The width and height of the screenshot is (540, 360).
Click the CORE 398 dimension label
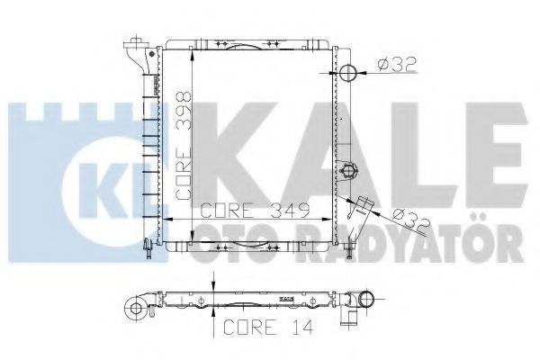click(184, 146)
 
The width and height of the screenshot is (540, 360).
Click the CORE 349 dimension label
click(255, 211)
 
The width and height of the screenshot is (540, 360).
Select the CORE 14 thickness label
click(268, 327)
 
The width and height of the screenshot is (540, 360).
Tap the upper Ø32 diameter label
click(397, 65)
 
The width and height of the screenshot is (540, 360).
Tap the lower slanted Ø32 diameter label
click(411, 221)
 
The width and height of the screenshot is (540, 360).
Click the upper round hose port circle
click(347, 72)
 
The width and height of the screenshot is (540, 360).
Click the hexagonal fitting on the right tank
click(348, 170)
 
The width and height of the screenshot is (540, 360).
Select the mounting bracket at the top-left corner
click(138, 55)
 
